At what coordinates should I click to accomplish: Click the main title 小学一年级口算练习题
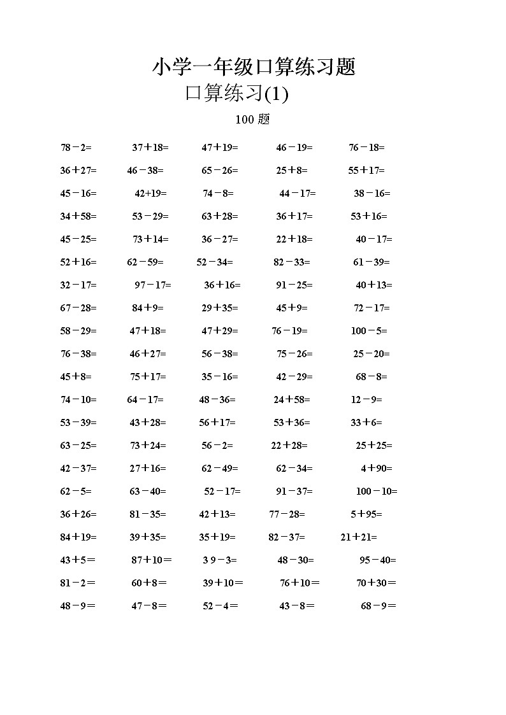coord(253,67)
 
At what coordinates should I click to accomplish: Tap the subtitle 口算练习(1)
coord(236,94)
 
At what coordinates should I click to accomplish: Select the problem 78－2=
coord(76,148)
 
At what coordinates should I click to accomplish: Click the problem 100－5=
coord(368,331)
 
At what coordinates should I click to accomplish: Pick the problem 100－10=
coord(376,492)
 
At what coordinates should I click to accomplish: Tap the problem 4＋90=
coord(376,469)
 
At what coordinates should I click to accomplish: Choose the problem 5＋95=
coord(366,514)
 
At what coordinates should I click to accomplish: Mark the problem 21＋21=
coord(358,537)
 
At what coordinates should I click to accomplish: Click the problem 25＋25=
coord(373,446)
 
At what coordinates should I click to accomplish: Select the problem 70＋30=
coord(376,583)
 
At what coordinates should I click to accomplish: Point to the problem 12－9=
coord(366,400)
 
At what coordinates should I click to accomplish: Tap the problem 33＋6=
coord(366,423)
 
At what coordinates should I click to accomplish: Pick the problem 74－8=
coord(218,194)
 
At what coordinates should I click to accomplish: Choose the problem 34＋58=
coord(78,216)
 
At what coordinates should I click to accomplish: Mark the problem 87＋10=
coord(151,560)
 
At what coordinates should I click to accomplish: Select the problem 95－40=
coord(377,560)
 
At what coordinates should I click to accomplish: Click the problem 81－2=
coord(77,583)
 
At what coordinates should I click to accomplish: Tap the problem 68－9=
coord(378,606)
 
